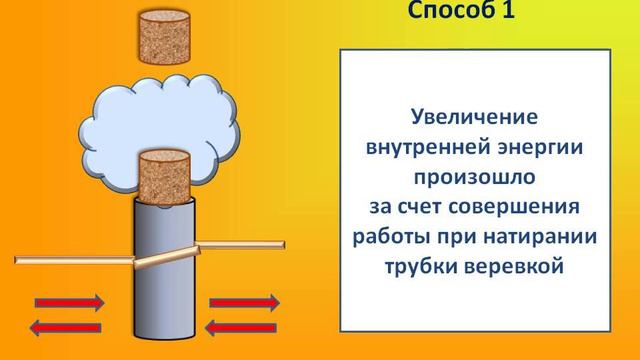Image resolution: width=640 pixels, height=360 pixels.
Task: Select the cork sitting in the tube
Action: coord(163,178)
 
